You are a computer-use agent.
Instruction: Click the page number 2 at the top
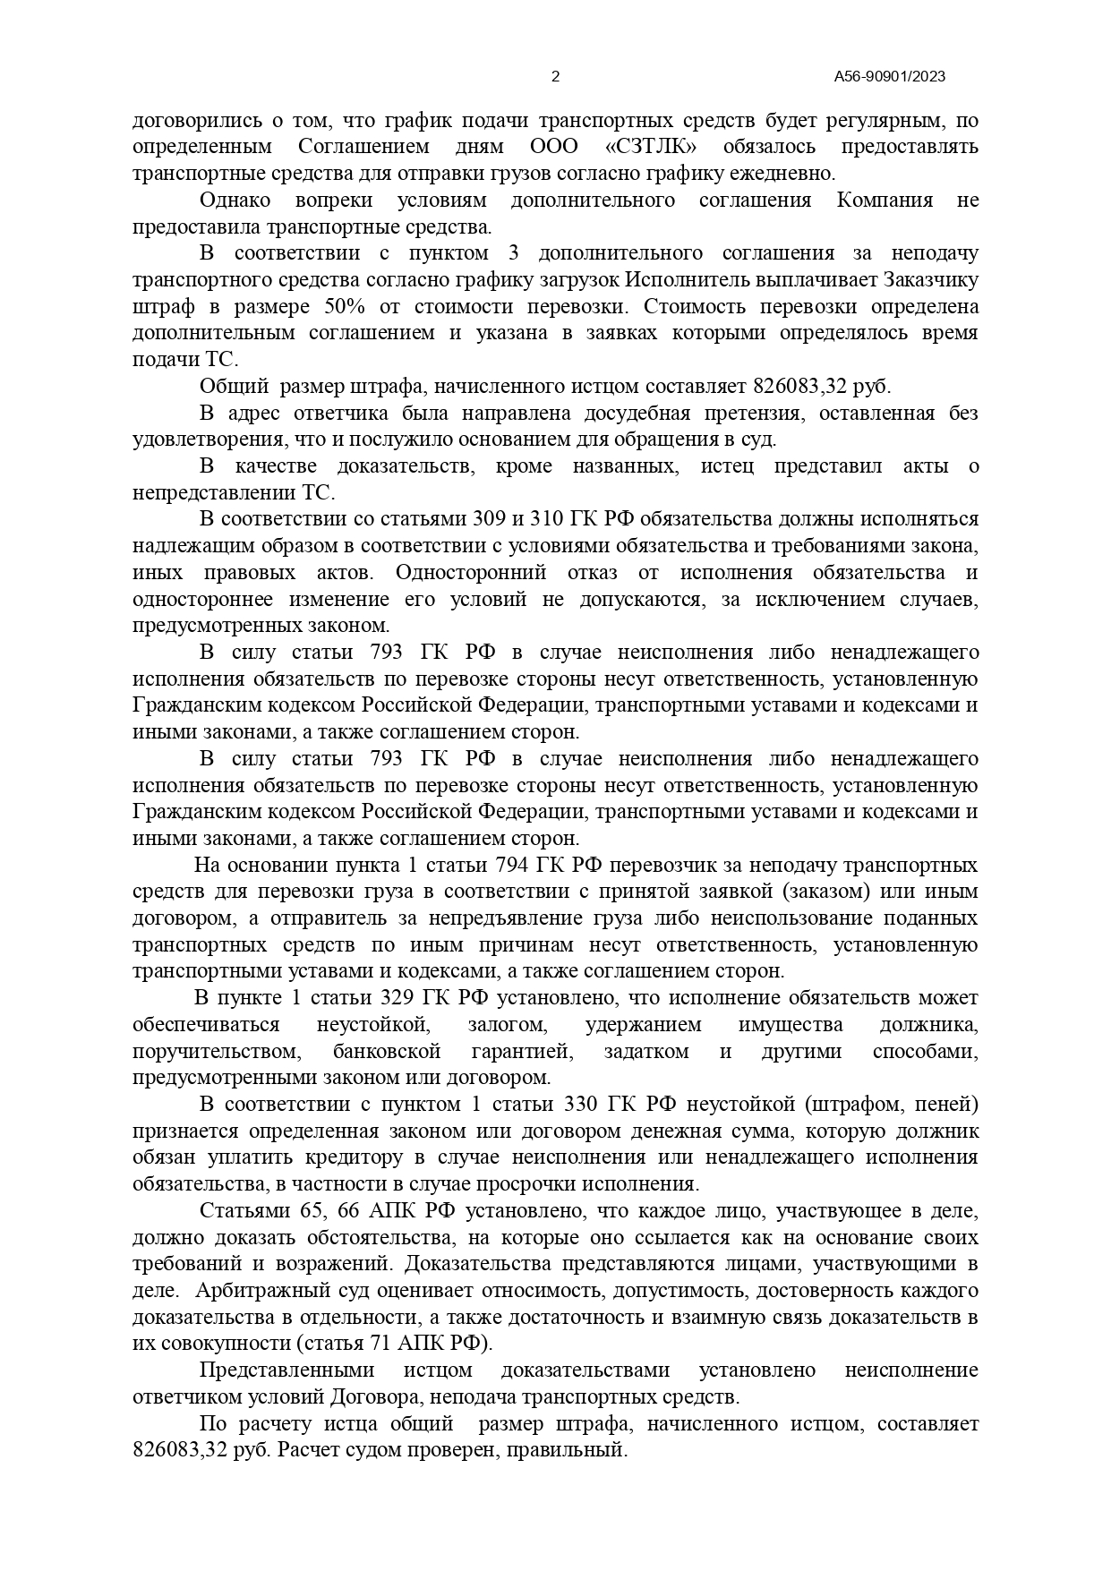pyautogui.click(x=555, y=77)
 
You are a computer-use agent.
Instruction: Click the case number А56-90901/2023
pyautogui.click(x=889, y=77)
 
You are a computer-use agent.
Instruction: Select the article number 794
pyautogui.click(x=513, y=866)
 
